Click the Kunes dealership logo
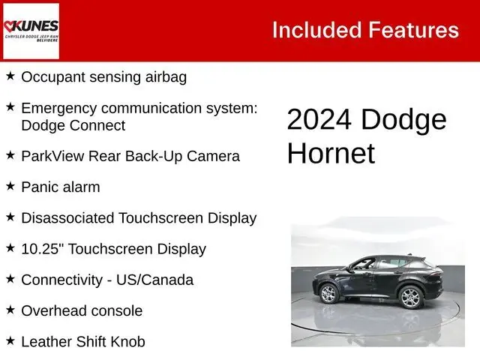click(x=31, y=31)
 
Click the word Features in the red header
click(x=412, y=30)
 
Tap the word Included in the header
click(x=316, y=30)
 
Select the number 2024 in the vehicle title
click(x=320, y=120)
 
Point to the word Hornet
click(x=331, y=153)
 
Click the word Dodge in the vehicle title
click(x=403, y=120)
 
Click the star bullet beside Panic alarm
click(x=10, y=186)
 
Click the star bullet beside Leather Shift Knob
click(x=10, y=340)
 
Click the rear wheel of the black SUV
click(x=410, y=298)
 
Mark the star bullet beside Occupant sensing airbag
click(x=10, y=76)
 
